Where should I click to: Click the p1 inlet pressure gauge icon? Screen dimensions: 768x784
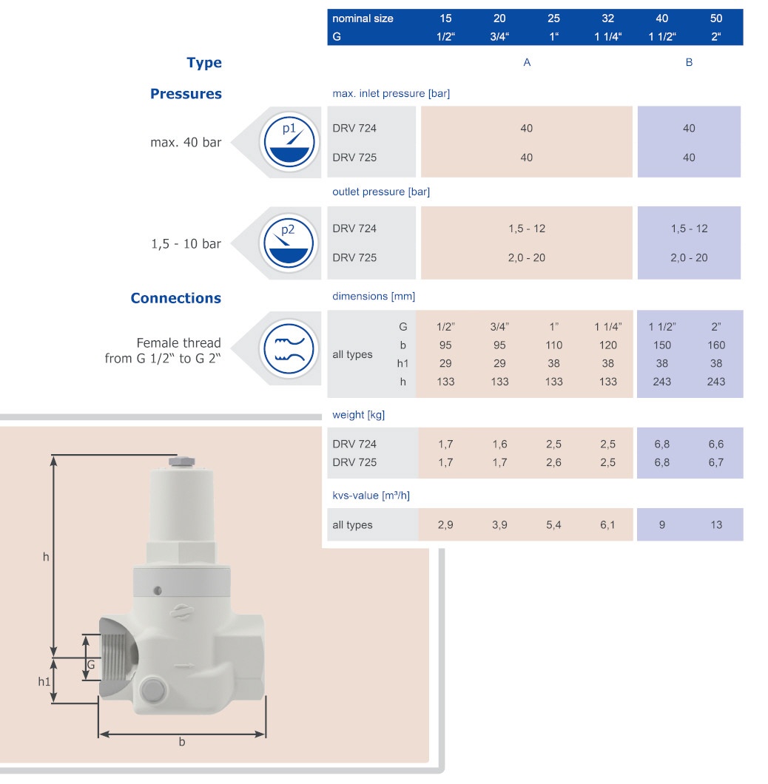(289, 142)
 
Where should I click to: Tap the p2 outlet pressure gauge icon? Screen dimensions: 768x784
(289, 243)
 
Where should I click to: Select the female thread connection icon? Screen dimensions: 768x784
(289, 348)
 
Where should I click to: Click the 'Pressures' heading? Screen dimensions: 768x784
(186, 93)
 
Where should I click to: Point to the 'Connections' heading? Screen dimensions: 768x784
(175, 298)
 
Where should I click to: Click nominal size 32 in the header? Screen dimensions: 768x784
(608, 18)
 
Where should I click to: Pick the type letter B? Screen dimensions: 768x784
(689, 62)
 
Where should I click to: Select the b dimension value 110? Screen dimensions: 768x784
(554, 345)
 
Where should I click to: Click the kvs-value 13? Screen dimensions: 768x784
(716, 524)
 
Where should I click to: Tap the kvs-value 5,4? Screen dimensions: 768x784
(554, 524)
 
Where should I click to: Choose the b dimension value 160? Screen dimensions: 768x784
(716, 345)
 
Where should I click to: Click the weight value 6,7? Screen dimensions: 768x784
(716, 462)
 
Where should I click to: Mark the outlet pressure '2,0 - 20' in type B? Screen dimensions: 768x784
(689, 257)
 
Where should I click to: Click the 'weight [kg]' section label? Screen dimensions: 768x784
(358, 414)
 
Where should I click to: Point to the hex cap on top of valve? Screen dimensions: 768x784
(181, 461)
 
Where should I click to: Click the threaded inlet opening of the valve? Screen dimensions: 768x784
(119, 658)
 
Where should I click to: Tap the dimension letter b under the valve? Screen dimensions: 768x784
(182, 742)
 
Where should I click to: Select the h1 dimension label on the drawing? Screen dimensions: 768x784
(44, 681)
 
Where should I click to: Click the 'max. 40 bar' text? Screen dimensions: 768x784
(186, 143)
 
